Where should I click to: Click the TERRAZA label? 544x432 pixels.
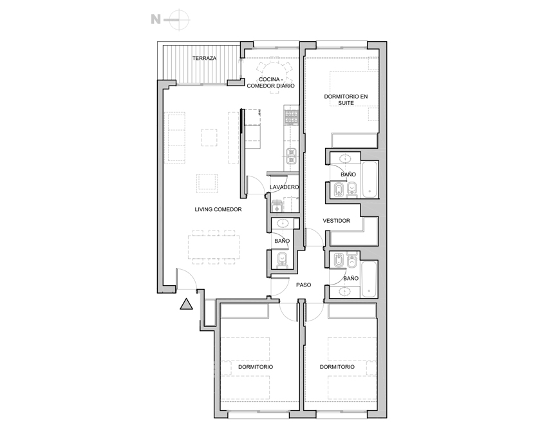point(204,59)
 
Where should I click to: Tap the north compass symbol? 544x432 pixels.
point(171,19)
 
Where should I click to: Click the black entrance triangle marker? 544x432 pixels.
point(186,305)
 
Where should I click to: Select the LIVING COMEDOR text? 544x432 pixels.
point(218,210)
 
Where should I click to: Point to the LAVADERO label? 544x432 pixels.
point(284,187)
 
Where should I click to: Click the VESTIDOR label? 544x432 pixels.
point(336,221)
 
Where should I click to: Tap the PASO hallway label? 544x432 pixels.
point(304,285)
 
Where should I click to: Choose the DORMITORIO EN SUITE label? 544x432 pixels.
point(346,100)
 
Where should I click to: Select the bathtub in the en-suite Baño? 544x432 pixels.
point(370,180)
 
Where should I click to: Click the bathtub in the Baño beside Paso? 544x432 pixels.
point(369,279)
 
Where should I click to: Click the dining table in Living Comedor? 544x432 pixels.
point(214,247)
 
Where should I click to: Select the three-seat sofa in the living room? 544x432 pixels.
point(176,136)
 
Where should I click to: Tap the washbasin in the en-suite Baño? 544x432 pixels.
point(345,158)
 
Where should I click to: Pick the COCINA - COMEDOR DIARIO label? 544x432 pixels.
point(270,82)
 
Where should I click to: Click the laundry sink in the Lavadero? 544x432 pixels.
point(277,206)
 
